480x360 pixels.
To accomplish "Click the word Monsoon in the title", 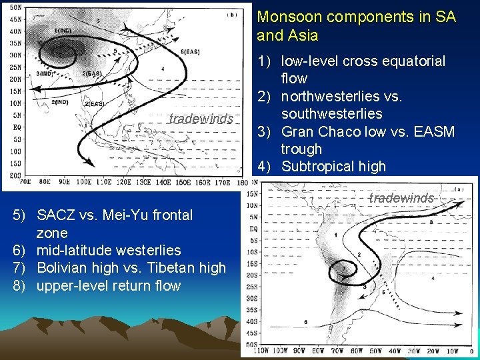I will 285,17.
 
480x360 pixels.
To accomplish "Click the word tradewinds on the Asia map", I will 201,119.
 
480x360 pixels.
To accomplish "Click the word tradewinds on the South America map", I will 401,198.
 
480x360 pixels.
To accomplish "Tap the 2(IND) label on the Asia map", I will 61,102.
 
